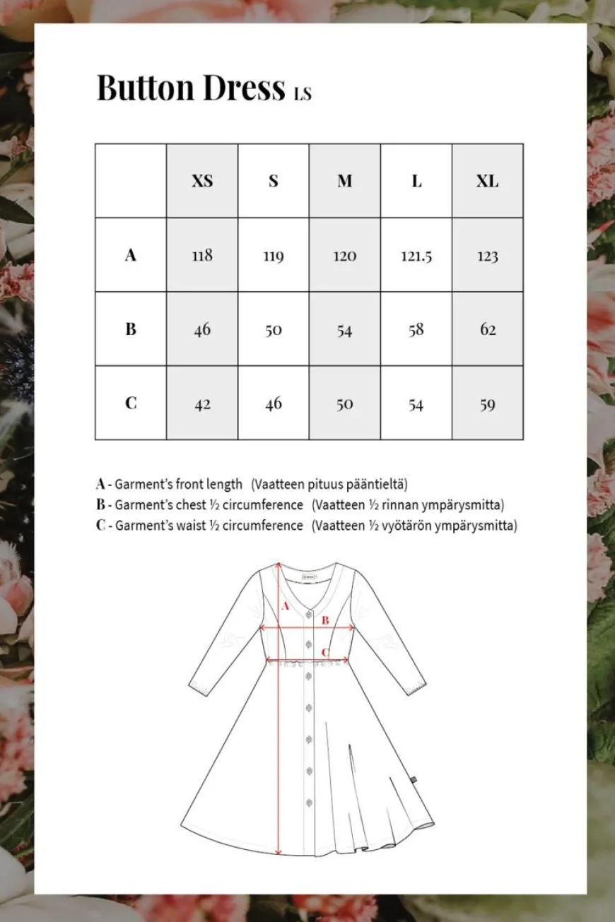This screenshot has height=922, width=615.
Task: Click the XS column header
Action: click(202, 181)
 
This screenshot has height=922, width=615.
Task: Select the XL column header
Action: click(487, 181)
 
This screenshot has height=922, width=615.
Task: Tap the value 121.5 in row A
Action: click(416, 256)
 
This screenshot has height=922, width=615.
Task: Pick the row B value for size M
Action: click(344, 330)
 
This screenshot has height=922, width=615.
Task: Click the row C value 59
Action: click(487, 404)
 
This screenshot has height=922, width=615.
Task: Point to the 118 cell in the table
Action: click(202, 255)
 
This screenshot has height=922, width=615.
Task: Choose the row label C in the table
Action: click(131, 403)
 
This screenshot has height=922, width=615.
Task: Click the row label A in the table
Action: click(131, 255)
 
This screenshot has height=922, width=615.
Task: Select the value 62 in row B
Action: click(488, 329)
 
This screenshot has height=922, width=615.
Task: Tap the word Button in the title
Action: click(145, 88)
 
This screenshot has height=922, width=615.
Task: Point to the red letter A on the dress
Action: click(286, 605)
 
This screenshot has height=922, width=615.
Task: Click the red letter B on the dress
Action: click(325, 620)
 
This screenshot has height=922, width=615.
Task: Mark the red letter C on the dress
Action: click(325, 652)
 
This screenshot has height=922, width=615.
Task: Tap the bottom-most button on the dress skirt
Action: click(308, 801)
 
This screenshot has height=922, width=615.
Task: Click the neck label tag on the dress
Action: click(306, 574)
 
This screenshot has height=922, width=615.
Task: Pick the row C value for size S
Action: click(274, 403)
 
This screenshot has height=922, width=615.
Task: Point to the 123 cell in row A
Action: click(487, 256)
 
